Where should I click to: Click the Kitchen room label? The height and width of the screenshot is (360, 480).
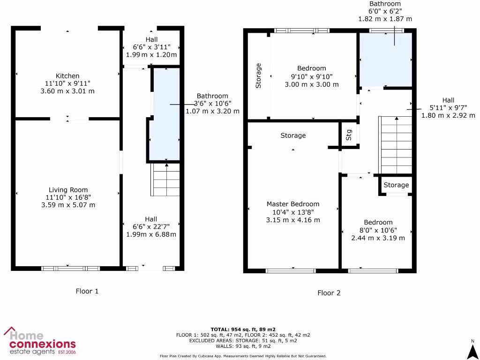pyautogui.click(x=67, y=76)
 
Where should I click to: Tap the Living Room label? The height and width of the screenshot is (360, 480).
pyautogui.click(x=68, y=190)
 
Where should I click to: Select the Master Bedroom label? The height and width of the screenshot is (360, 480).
pyautogui.click(x=293, y=204)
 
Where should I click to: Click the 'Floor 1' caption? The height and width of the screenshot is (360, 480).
pyautogui.click(x=87, y=291)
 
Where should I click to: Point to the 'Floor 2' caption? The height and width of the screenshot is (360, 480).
pyautogui.click(x=329, y=293)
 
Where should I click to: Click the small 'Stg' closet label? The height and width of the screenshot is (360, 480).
pyautogui.click(x=349, y=135)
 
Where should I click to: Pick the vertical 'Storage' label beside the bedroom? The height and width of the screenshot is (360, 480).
pyautogui.click(x=258, y=75)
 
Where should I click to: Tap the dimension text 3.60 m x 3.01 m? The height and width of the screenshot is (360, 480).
pyautogui.click(x=67, y=91)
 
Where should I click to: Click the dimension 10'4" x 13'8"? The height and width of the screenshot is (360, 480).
pyautogui.click(x=293, y=212)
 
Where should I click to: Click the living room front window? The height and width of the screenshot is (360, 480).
pyautogui.click(x=71, y=269)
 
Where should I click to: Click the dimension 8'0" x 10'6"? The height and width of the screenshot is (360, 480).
pyautogui.click(x=378, y=230)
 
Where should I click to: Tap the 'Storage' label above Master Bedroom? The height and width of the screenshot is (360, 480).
pyautogui.click(x=293, y=135)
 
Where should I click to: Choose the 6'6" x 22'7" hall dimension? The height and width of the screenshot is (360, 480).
pyautogui.click(x=151, y=227)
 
